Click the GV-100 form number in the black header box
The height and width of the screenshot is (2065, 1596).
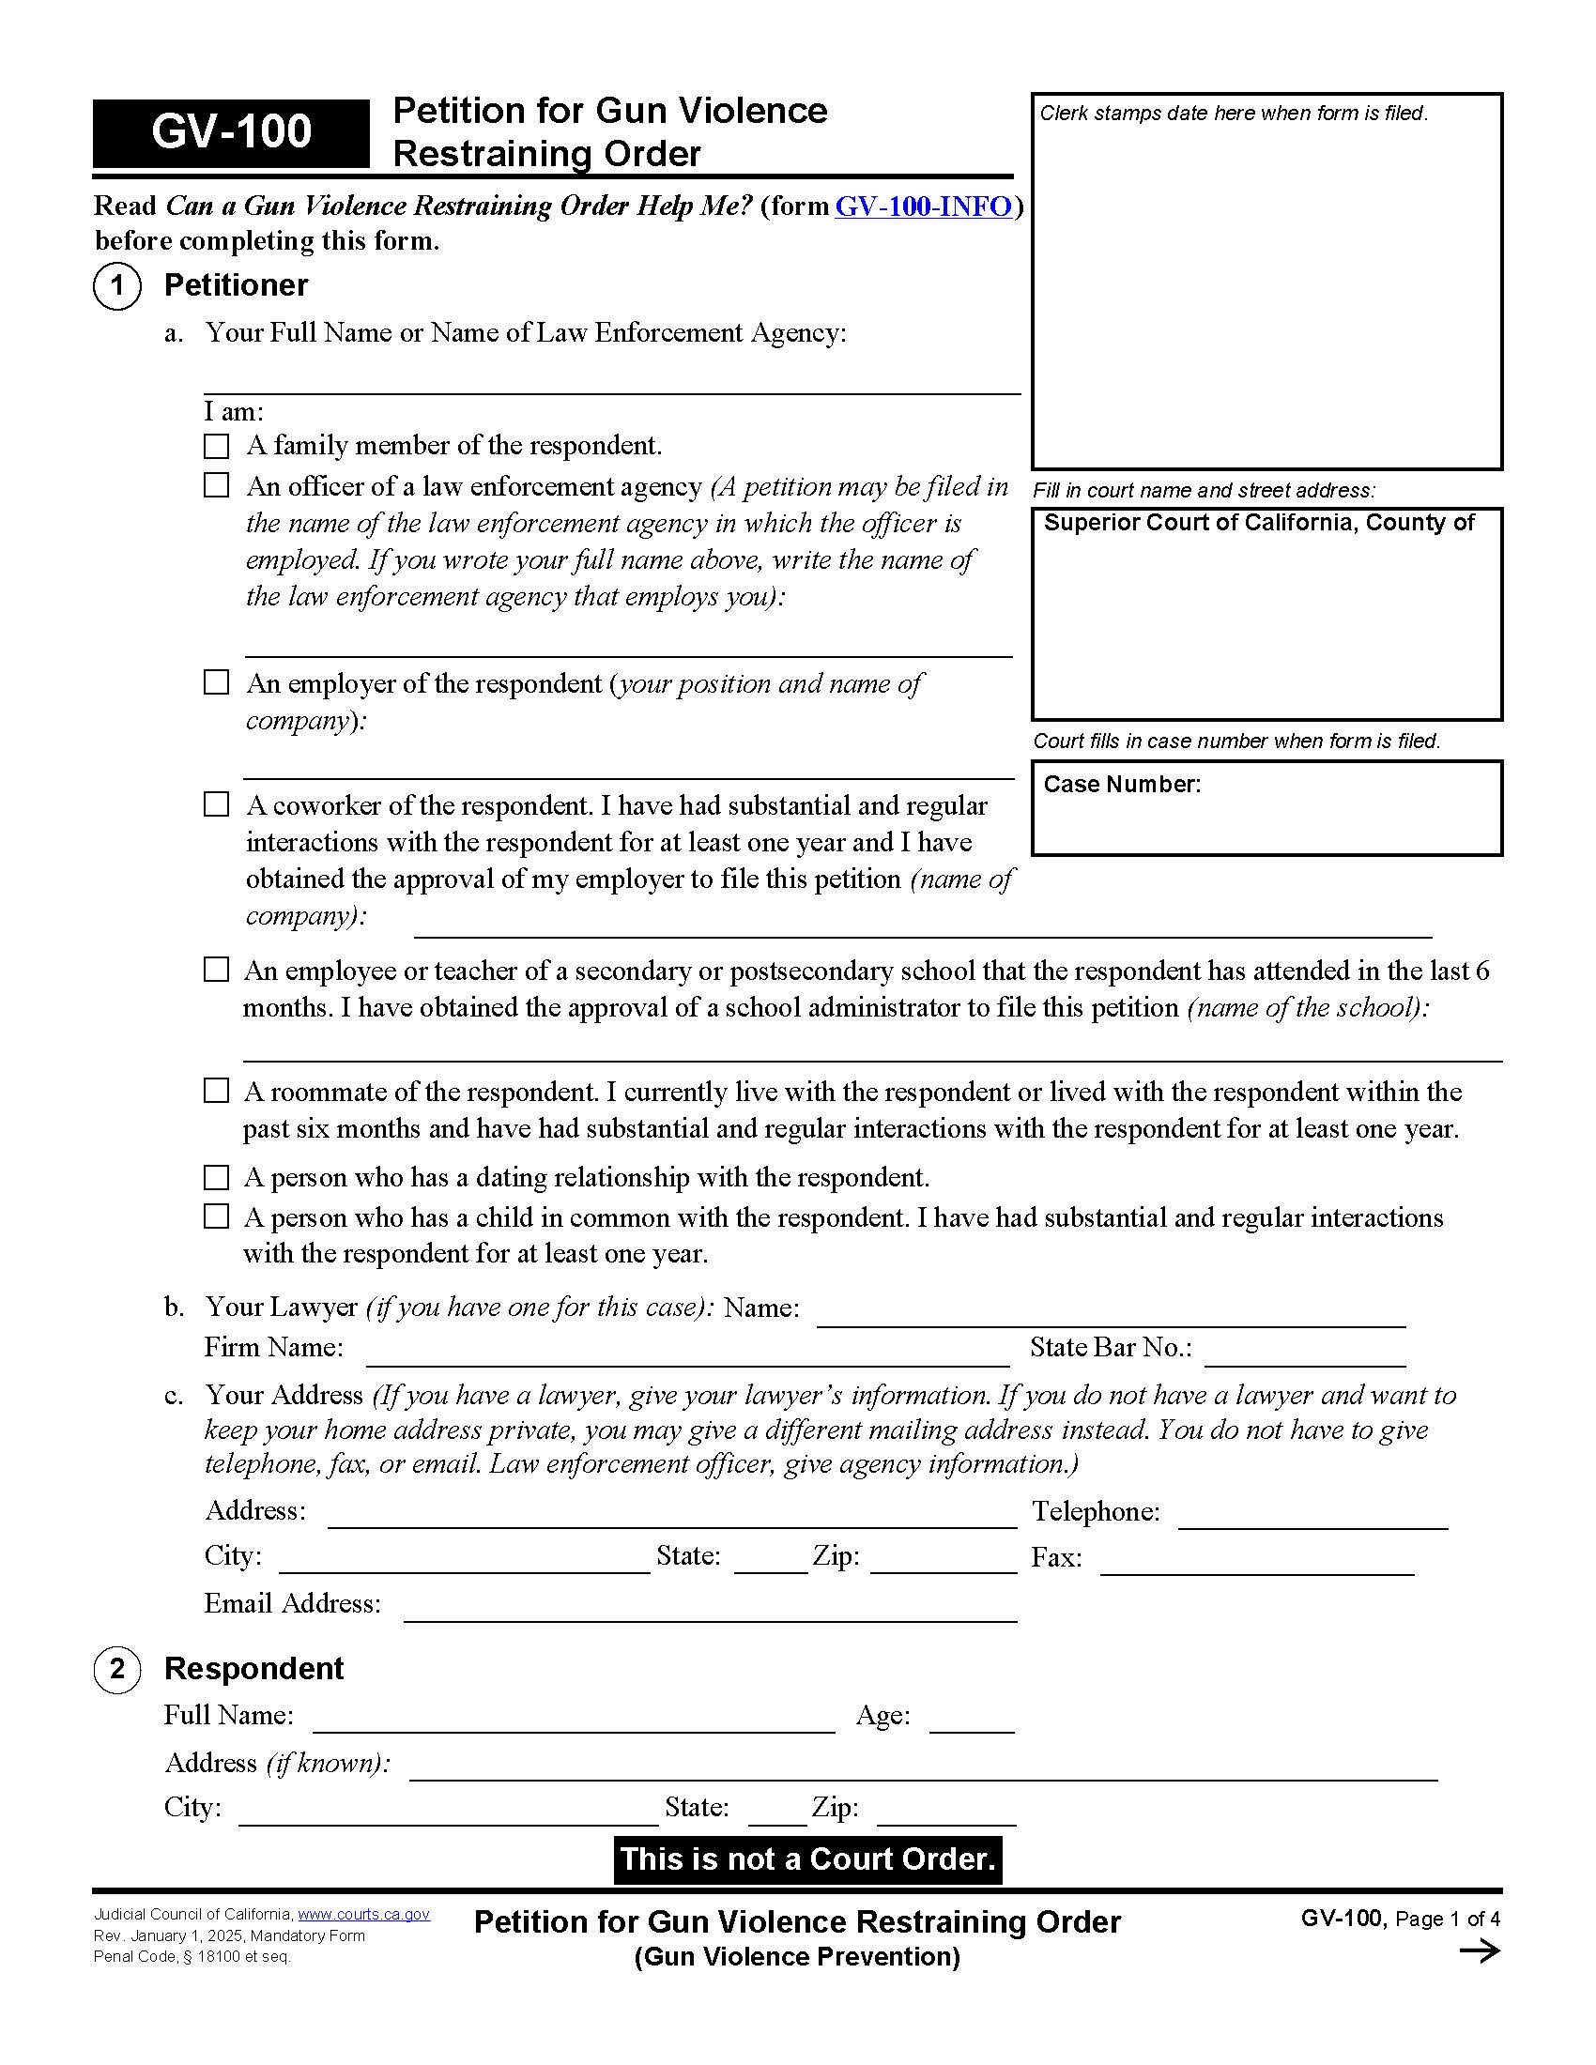pos(231,131)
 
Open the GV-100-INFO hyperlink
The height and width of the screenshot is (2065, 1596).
pos(923,206)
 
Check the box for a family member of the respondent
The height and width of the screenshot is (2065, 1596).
pos(217,445)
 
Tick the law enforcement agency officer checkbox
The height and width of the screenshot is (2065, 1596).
pos(217,485)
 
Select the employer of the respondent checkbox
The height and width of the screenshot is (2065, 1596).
pos(217,681)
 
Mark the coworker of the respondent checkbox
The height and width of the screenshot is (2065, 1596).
pos(217,804)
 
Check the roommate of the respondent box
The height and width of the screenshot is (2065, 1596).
pos(217,1091)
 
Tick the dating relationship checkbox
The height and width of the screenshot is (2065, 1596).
pos(217,1177)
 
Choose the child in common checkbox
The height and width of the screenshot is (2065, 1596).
pos(217,1216)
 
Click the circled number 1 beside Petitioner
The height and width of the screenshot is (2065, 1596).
pos(117,285)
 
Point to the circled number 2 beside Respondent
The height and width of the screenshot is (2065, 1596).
pos(117,1668)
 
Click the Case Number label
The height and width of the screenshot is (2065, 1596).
pos(1121,784)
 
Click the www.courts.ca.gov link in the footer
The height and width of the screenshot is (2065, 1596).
pos(364,1914)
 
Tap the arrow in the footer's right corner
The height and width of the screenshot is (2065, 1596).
pos(1480,1950)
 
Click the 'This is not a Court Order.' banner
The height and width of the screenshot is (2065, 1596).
pos(807,1858)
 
